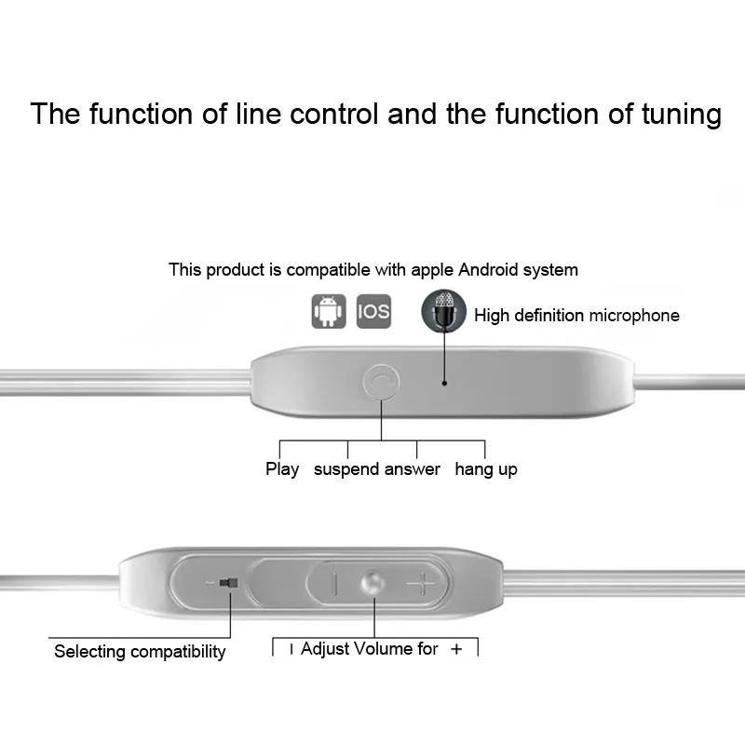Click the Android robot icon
(329, 311)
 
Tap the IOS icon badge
(374, 311)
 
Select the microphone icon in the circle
(444, 311)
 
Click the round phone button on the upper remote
(381, 382)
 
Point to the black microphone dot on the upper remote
(444, 383)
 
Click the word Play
(282, 469)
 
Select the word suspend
(346, 469)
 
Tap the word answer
(413, 469)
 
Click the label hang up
(486, 469)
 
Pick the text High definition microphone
(576, 316)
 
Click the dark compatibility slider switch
(228, 583)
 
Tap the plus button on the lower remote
(421, 583)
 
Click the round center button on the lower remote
(372, 583)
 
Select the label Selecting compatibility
(140, 651)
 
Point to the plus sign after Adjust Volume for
(456, 649)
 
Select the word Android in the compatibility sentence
(488, 270)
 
